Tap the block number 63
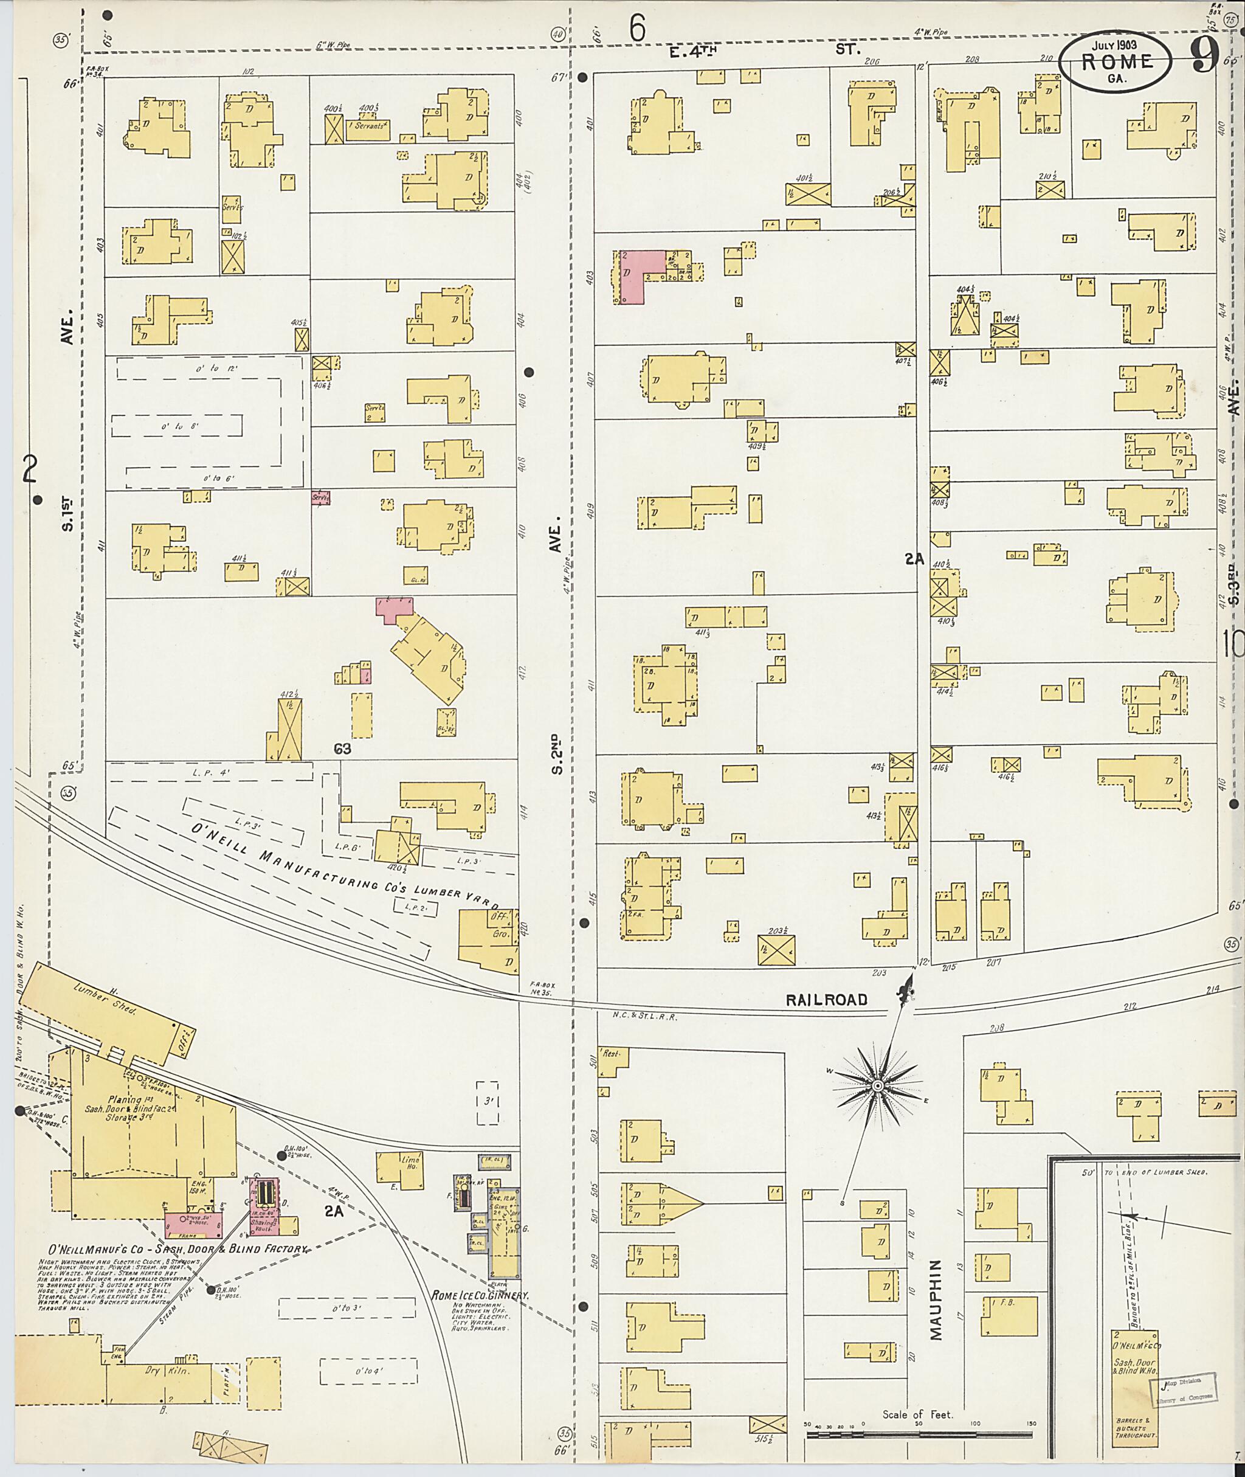[x=342, y=749]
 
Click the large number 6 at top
[x=637, y=30]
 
